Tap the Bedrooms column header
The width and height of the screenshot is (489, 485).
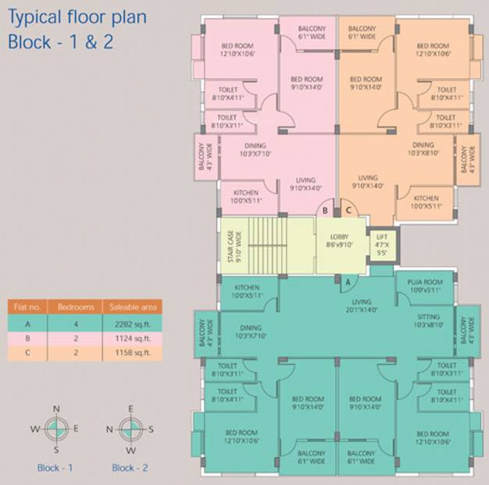76,307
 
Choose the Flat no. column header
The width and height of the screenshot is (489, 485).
29,307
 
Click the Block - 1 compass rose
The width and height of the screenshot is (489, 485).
56,429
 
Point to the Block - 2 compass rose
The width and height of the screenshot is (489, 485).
130,429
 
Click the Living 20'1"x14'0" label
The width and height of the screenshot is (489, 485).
361,306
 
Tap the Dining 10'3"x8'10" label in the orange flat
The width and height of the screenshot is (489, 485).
423,149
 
